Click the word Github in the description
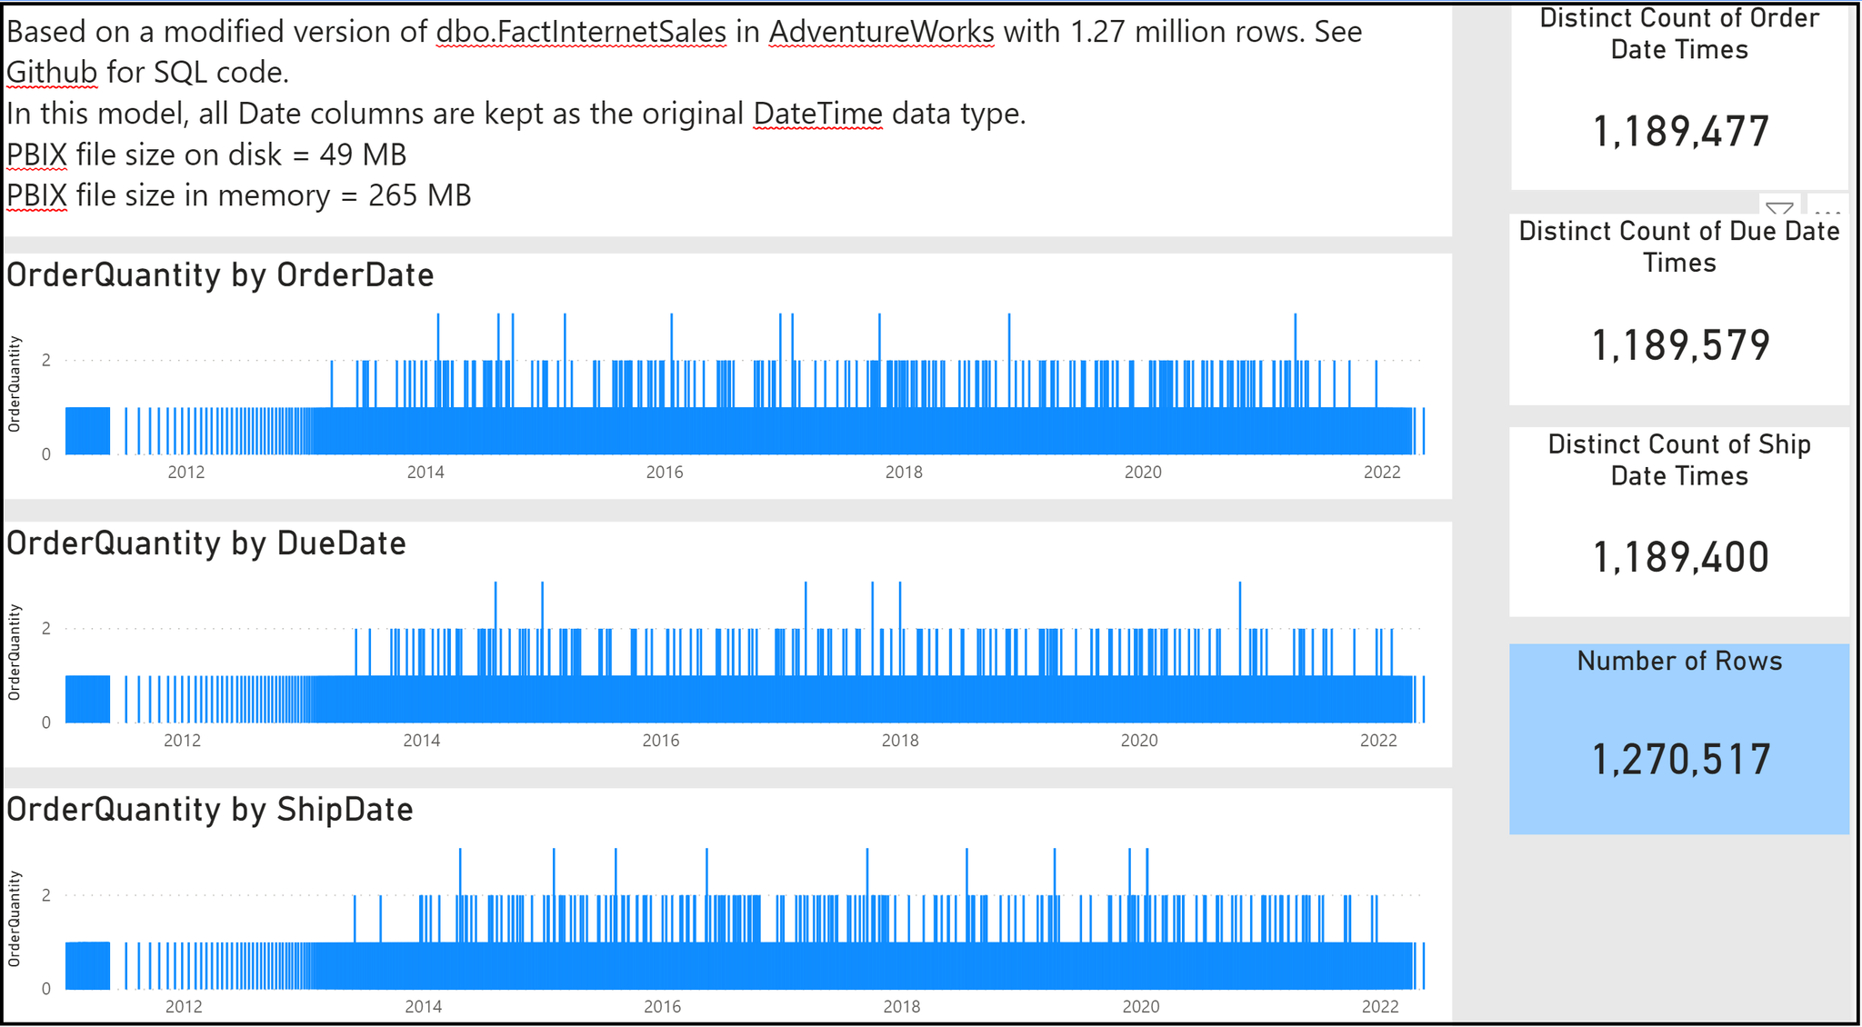[x=52, y=72]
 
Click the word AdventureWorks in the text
[x=881, y=32]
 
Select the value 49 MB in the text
[x=363, y=155]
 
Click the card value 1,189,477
[x=1680, y=132]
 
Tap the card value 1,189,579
[x=1680, y=345]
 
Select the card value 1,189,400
[x=1680, y=557]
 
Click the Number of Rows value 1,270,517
[x=1680, y=760]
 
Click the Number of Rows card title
[x=1679, y=661]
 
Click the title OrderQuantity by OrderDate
[x=220, y=275]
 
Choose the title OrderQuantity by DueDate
[x=206, y=543]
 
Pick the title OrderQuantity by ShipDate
[x=210, y=810]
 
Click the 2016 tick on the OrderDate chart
[x=665, y=473]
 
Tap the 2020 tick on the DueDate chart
[x=1139, y=741]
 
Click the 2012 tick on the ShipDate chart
[x=184, y=1007]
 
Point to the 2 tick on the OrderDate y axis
[x=46, y=361]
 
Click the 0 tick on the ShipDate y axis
[x=46, y=989]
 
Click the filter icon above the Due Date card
[x=1779, y=208]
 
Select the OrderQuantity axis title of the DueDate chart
[x=15, y=652]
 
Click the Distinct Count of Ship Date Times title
[x=1679, y=460]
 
